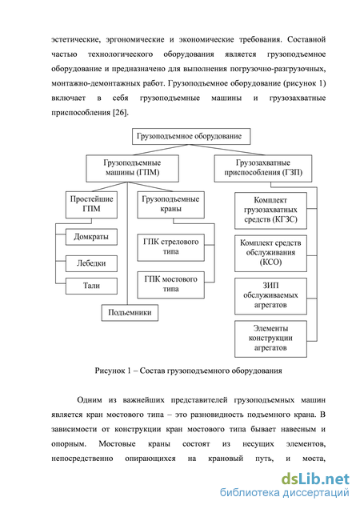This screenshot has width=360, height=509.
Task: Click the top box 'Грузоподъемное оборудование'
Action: click(191, 136)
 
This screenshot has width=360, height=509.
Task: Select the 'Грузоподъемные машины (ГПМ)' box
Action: click(132, 168)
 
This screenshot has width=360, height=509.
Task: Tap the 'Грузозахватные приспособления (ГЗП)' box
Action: click(263, 168)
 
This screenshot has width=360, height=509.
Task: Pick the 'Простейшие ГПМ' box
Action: click(91, 205)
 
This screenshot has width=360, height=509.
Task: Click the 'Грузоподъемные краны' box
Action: click(170, 205)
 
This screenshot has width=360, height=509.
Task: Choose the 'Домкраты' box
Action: click(91, 237)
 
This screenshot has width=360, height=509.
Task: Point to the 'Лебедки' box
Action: click(91, 263)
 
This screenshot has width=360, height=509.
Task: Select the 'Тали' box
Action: click(91, 286)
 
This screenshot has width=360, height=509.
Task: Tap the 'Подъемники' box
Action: click(130, 313)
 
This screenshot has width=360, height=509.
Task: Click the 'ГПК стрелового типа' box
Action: click(170, 247)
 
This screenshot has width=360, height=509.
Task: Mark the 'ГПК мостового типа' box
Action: click(170, 285)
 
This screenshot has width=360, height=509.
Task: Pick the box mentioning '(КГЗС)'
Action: click(270, 210)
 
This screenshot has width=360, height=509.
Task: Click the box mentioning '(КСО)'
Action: click(270, 254)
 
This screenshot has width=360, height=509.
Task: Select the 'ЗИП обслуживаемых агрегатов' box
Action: click(270, 296)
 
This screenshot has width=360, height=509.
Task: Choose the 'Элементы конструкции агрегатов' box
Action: click(270, 339)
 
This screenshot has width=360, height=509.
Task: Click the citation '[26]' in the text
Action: click(120, 113)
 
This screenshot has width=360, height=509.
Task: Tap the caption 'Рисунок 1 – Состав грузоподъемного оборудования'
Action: click(188, 371)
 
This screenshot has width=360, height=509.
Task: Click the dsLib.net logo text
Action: click(315, 479)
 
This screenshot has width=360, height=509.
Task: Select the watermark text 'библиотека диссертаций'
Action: click(285, 493)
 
